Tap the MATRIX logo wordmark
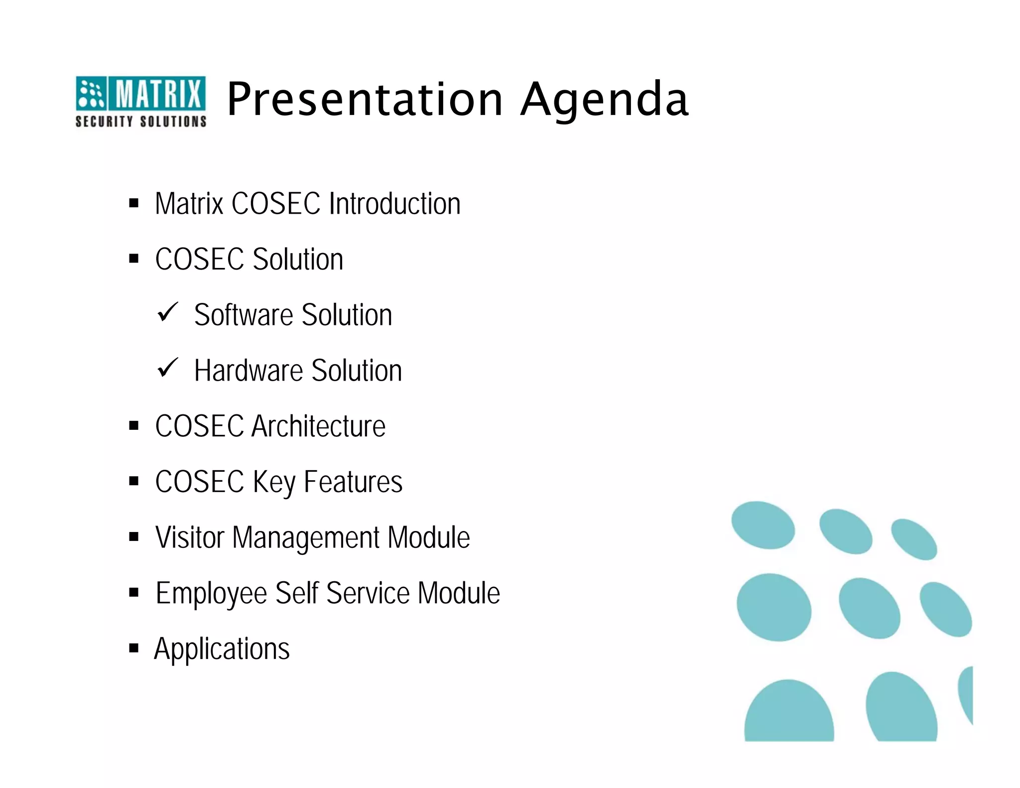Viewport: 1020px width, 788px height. point(159,94)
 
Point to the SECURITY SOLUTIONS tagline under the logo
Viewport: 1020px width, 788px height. point(141,122)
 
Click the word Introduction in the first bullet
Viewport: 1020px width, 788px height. point(395,204)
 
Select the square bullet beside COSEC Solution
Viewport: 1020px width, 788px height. point(133,259)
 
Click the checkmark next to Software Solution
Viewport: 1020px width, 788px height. point(167,312)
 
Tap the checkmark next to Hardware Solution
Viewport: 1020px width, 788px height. point(167,368)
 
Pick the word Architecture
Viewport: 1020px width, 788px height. point(319,426)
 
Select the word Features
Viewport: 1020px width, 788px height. point(353,482)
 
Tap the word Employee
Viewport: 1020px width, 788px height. point(212,594)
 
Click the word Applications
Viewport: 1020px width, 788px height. point(222,650)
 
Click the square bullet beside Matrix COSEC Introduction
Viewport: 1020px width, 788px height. point(133,203)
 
